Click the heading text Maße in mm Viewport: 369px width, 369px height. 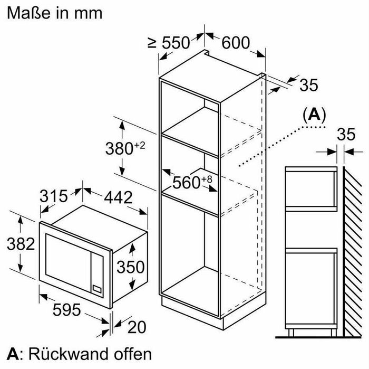[55, 13]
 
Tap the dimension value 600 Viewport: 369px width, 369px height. [236, 43]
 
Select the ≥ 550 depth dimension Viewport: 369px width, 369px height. [169, 43]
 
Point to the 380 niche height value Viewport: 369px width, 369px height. [119, 149]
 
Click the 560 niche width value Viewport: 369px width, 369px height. [186, 182]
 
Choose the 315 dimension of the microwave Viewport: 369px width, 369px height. [53, 196]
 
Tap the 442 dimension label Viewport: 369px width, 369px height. [119, 197]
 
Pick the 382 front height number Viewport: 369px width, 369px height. [21, 244]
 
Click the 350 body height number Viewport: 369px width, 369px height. [131, 267]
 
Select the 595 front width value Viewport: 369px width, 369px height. [66, 310]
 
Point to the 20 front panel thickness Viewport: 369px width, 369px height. [137, 327]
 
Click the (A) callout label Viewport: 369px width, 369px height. [314, 115]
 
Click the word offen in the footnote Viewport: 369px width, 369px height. [133, 354]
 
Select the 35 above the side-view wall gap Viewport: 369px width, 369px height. [346, 135]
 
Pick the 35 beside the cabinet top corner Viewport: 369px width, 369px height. [309, 85]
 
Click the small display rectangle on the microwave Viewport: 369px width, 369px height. [97, 289]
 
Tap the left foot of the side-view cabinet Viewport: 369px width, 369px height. [291, 333]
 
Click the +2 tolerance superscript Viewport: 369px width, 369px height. [140, 145]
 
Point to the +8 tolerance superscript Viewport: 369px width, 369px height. [207, 179]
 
